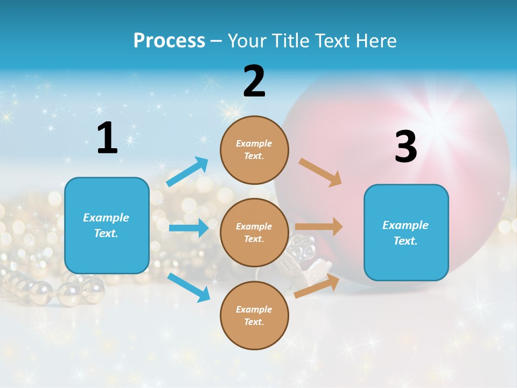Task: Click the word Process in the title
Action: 169,41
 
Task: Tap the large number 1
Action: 107,138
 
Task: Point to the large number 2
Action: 254,81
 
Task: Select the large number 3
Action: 406,147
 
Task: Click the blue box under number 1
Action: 107,225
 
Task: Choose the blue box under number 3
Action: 406,232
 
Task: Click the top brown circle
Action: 254,150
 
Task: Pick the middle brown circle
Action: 254,232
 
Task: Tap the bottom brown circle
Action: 254,315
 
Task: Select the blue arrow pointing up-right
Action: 188,171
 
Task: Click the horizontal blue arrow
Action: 188,228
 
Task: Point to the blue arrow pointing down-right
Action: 189,287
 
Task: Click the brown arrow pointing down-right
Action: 320,172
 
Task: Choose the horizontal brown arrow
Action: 319,227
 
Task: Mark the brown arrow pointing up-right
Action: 317,286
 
